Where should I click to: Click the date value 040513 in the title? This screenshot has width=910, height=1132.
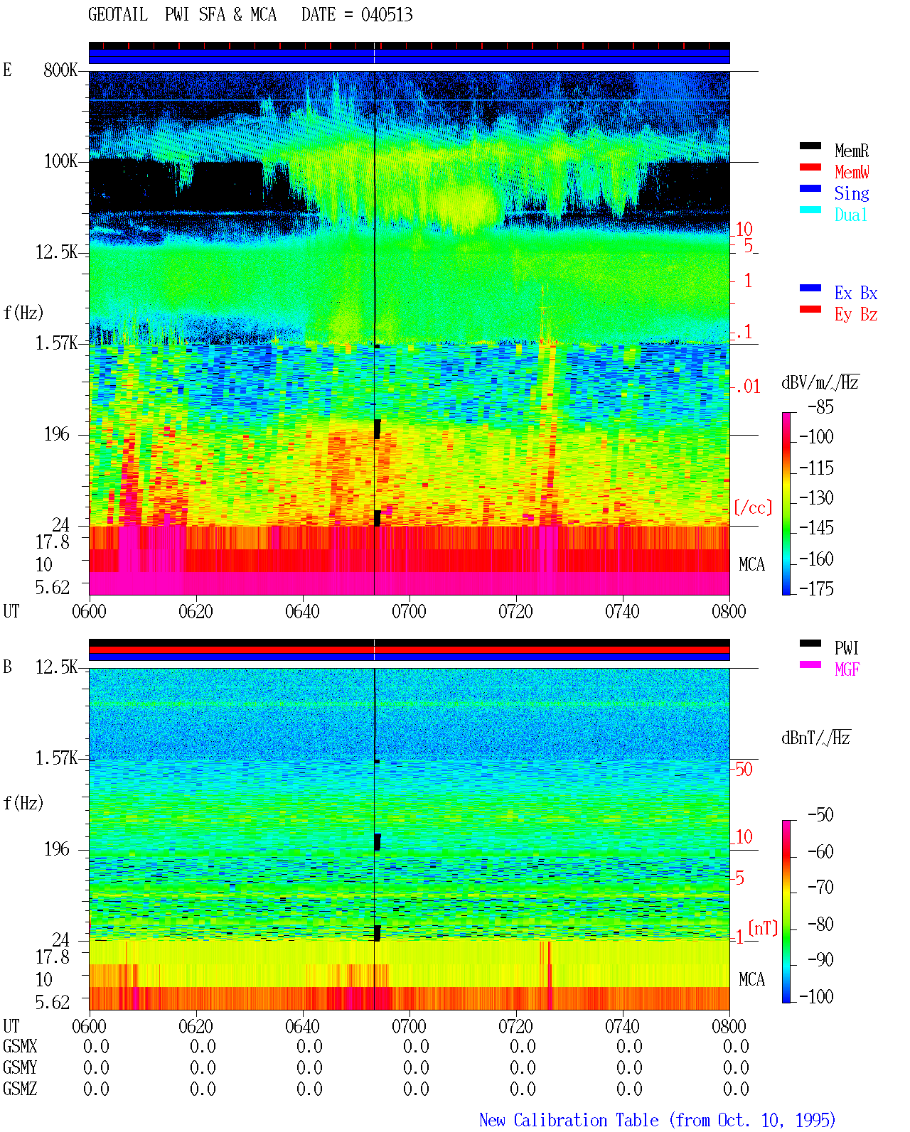point(387,15)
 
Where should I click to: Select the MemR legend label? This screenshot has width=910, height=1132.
point(852,151)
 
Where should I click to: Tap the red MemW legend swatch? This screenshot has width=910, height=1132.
point(810,167)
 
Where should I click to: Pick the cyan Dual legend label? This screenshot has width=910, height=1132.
point(851,215)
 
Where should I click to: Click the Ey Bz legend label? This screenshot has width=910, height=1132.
point(856,314)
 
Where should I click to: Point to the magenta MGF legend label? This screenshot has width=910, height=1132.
point(847,669)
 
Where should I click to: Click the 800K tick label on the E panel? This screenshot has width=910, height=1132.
point(60,70)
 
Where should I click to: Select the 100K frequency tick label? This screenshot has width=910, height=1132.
point(60,161)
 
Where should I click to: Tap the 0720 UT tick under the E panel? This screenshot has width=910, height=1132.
point(515,612)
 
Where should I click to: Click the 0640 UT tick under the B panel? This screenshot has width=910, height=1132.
point(302,1026)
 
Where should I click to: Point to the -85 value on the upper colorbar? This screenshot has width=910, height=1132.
point(820,406)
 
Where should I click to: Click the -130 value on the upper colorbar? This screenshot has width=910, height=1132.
point(816,497)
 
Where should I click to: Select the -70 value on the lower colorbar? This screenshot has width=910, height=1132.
point(820,888)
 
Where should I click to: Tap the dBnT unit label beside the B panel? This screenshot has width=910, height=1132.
point(815,738)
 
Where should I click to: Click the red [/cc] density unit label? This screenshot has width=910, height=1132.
point(753,507)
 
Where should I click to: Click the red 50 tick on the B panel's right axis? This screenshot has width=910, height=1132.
point(744,770)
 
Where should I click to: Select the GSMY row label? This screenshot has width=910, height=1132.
point(20,1068)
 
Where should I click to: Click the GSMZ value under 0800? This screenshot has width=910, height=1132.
point(736,1089)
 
